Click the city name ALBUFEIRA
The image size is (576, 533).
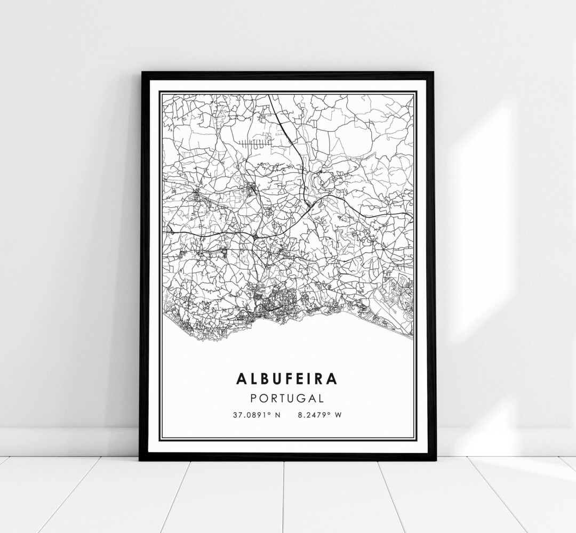[287, 379]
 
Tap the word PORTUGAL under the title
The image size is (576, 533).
[287, 398]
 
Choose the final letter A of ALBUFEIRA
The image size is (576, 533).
[332, 379]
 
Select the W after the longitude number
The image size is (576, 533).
[337, 415]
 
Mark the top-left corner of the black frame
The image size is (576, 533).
[141, 72]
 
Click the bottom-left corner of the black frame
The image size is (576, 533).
[140, 460]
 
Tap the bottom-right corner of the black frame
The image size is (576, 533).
[436, 459]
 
